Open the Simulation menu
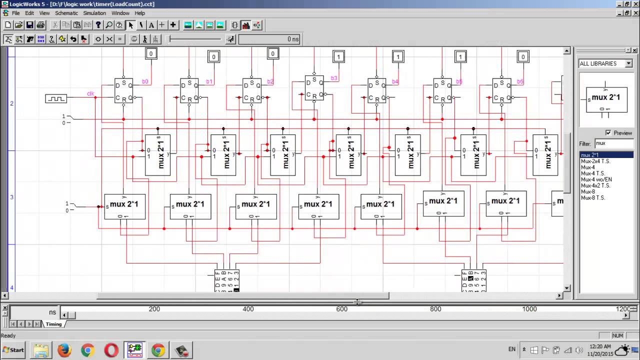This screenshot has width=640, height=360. point(94,13)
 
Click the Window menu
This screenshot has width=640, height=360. point(120,13)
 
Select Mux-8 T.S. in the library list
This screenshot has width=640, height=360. point(592,197)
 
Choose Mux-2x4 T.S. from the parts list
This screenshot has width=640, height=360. point(595,161)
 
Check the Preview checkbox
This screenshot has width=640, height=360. point(608,133)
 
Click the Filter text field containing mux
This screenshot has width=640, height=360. point(613,143)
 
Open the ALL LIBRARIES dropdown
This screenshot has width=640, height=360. point(605,63)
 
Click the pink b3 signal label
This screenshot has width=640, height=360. point(334,78)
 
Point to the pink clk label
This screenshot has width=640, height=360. point(90,93)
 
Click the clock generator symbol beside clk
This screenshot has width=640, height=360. point(55,99)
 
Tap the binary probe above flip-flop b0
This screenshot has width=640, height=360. point(151,53)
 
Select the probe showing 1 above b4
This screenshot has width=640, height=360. point(398,56)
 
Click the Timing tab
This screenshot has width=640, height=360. point(53,324)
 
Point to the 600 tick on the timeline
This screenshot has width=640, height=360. point(342,309)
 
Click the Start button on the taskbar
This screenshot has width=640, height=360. point(13,350)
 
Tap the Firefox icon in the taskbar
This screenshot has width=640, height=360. point(64,350)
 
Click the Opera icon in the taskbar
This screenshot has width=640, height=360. point(111,350)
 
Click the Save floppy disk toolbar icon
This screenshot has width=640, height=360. point(29,25)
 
